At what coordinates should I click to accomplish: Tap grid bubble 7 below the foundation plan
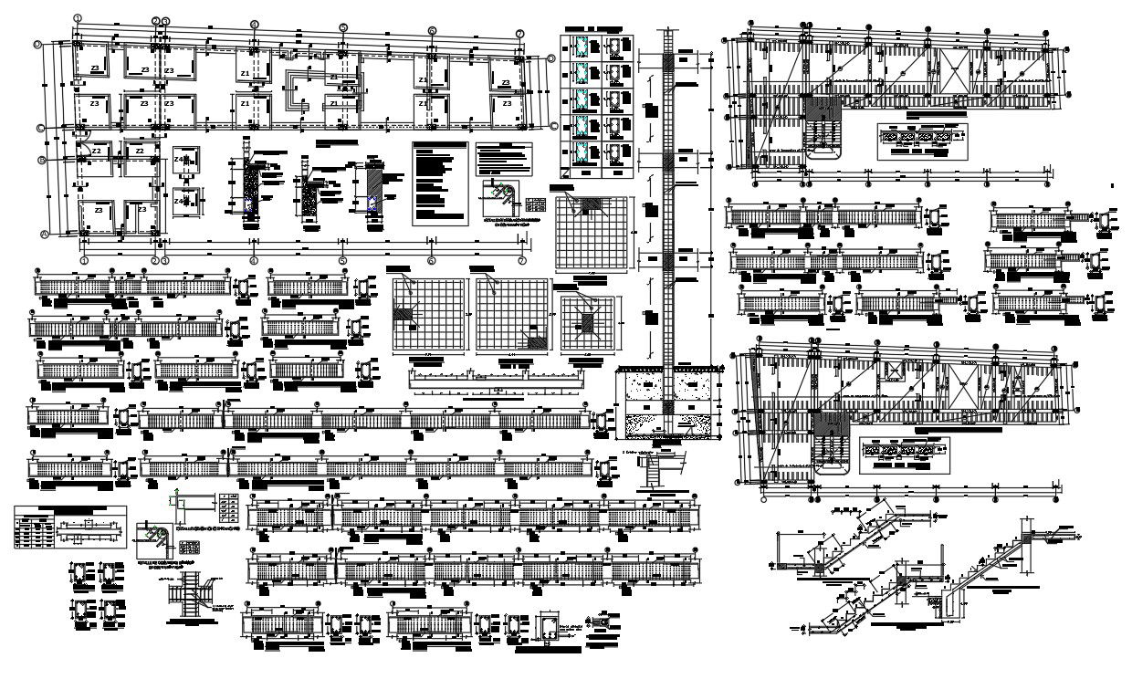pyautogui.click(x=520, y=260)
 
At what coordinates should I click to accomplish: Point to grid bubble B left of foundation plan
pyautogui.click(x=42, y=161)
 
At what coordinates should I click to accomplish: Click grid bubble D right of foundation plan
pyautogui.click(x=552, y=59)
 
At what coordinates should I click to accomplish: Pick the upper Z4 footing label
pyautogui.click(x=180, y=161)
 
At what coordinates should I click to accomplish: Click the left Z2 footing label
pyautogui.click(x=97, y=150)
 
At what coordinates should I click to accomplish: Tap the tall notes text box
pyautogui.click(x=439, y=183)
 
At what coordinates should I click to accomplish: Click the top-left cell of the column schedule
pyautogui.click(x=582, y=47)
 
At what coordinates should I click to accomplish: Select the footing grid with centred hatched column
pyautogui.click(x=587, y=323)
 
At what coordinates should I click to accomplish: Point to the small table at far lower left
pyautogui.click(x=70, y=528)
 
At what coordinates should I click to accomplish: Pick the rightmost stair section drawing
pyautogui.click(x=1004, y=570)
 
